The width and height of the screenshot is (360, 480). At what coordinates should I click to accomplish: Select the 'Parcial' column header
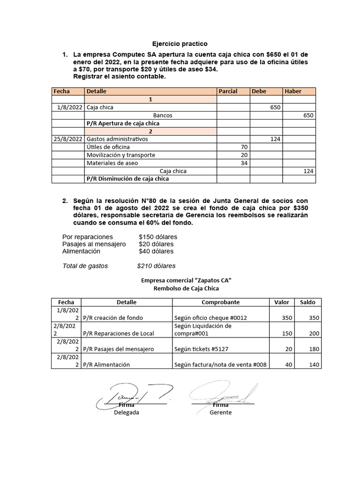tap(228, 91)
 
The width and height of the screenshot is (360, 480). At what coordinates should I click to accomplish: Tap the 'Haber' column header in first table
tap(293, 91)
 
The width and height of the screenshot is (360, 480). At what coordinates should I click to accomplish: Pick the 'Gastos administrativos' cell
tap(117, 139)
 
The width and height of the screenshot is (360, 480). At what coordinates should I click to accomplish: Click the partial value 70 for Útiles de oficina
tap(243, 147)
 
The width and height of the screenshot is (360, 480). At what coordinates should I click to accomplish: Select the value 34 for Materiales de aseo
tap(243, 163)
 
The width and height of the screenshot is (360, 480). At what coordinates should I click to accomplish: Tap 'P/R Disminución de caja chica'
tap(127, 179)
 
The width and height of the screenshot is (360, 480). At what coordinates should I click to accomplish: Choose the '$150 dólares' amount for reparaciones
tap(158, 237)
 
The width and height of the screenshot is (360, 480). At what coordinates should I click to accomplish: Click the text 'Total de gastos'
tap(85, 266)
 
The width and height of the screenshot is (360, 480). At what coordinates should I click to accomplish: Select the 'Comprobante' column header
tap(220, 302)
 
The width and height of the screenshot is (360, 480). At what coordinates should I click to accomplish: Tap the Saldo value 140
tap(314, 365)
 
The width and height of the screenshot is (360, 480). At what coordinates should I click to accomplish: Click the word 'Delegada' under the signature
tap(127, 412)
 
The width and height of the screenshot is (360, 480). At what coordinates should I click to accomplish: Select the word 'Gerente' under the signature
tap(221, 412)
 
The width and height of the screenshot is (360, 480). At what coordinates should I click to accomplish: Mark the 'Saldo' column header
tap(307, 302)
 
